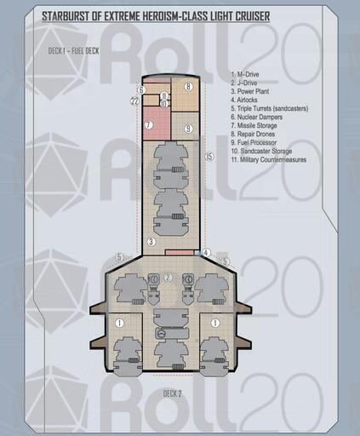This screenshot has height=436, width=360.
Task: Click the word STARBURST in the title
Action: click(65, 16)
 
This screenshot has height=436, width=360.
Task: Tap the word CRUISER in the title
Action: click(253, 16)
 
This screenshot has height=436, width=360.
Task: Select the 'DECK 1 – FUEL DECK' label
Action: click(73, 51)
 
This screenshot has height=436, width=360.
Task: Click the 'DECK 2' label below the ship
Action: click(173, 393)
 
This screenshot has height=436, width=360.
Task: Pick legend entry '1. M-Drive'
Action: click(245, 74)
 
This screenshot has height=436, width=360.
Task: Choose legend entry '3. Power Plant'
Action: click(250, 91)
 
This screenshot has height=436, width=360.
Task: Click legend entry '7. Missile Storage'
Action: click(254, 125)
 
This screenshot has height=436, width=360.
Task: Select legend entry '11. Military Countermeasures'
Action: click(269, 159)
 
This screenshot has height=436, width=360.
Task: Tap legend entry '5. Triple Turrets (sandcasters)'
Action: click(270, 108)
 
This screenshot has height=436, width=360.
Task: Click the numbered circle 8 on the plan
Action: click(188, 86)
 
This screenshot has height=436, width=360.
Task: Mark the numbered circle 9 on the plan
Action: click(188, 129)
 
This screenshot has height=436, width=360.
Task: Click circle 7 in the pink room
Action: click(149, 125)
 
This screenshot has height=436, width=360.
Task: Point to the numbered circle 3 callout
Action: click(151, 242)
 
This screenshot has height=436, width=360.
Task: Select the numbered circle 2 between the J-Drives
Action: click(169, 278)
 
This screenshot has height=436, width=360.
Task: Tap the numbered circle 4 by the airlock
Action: click(207, 252)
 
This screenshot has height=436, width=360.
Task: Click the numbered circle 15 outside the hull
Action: click(209, 157)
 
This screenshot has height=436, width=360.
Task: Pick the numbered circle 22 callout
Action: click(135, 100)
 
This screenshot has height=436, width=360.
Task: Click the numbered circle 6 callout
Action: click(141, 90)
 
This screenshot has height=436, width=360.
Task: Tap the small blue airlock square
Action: click(197, 253)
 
